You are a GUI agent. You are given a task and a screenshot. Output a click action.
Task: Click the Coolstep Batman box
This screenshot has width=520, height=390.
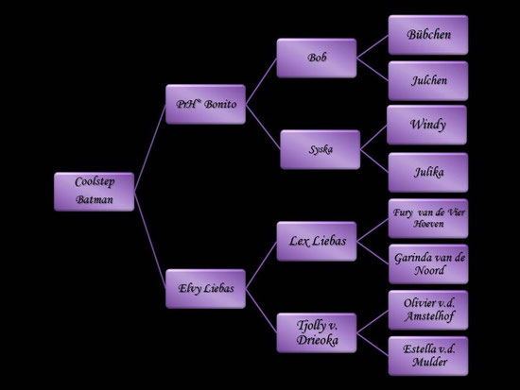95,192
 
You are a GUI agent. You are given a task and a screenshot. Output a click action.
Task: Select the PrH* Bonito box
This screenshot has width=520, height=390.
205,104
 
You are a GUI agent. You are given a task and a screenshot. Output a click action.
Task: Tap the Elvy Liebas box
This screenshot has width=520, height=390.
205,289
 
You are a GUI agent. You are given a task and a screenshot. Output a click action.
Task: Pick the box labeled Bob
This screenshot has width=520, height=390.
317,58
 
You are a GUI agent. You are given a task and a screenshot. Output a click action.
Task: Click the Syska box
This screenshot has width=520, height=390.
320,149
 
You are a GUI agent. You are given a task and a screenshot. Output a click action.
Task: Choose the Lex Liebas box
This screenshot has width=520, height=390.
317,241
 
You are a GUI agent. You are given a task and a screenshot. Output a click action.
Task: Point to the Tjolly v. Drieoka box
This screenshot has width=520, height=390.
317,332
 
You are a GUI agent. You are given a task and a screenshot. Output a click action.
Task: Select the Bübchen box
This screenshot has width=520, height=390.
428,35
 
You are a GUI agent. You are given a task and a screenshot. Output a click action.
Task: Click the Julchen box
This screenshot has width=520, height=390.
428,80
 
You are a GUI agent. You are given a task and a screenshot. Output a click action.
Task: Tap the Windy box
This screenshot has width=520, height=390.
426,125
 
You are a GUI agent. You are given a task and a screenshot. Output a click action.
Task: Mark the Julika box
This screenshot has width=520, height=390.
428,172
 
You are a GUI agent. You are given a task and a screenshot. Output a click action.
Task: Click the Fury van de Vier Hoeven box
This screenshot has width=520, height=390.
428,218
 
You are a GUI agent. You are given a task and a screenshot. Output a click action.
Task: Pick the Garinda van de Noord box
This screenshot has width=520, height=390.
428,264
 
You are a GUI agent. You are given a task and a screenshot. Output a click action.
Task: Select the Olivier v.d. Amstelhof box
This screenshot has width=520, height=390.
428,310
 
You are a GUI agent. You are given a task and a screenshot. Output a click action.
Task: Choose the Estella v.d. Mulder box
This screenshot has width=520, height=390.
428,356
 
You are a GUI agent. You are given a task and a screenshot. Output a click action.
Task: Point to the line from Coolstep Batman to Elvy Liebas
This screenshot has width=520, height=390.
150,240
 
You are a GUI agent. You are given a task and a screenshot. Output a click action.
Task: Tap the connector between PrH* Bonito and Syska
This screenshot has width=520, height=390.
263,127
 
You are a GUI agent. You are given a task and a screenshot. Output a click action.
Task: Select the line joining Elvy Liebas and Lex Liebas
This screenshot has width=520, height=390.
261,265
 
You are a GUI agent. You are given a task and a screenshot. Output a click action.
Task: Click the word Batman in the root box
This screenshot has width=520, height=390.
95,199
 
